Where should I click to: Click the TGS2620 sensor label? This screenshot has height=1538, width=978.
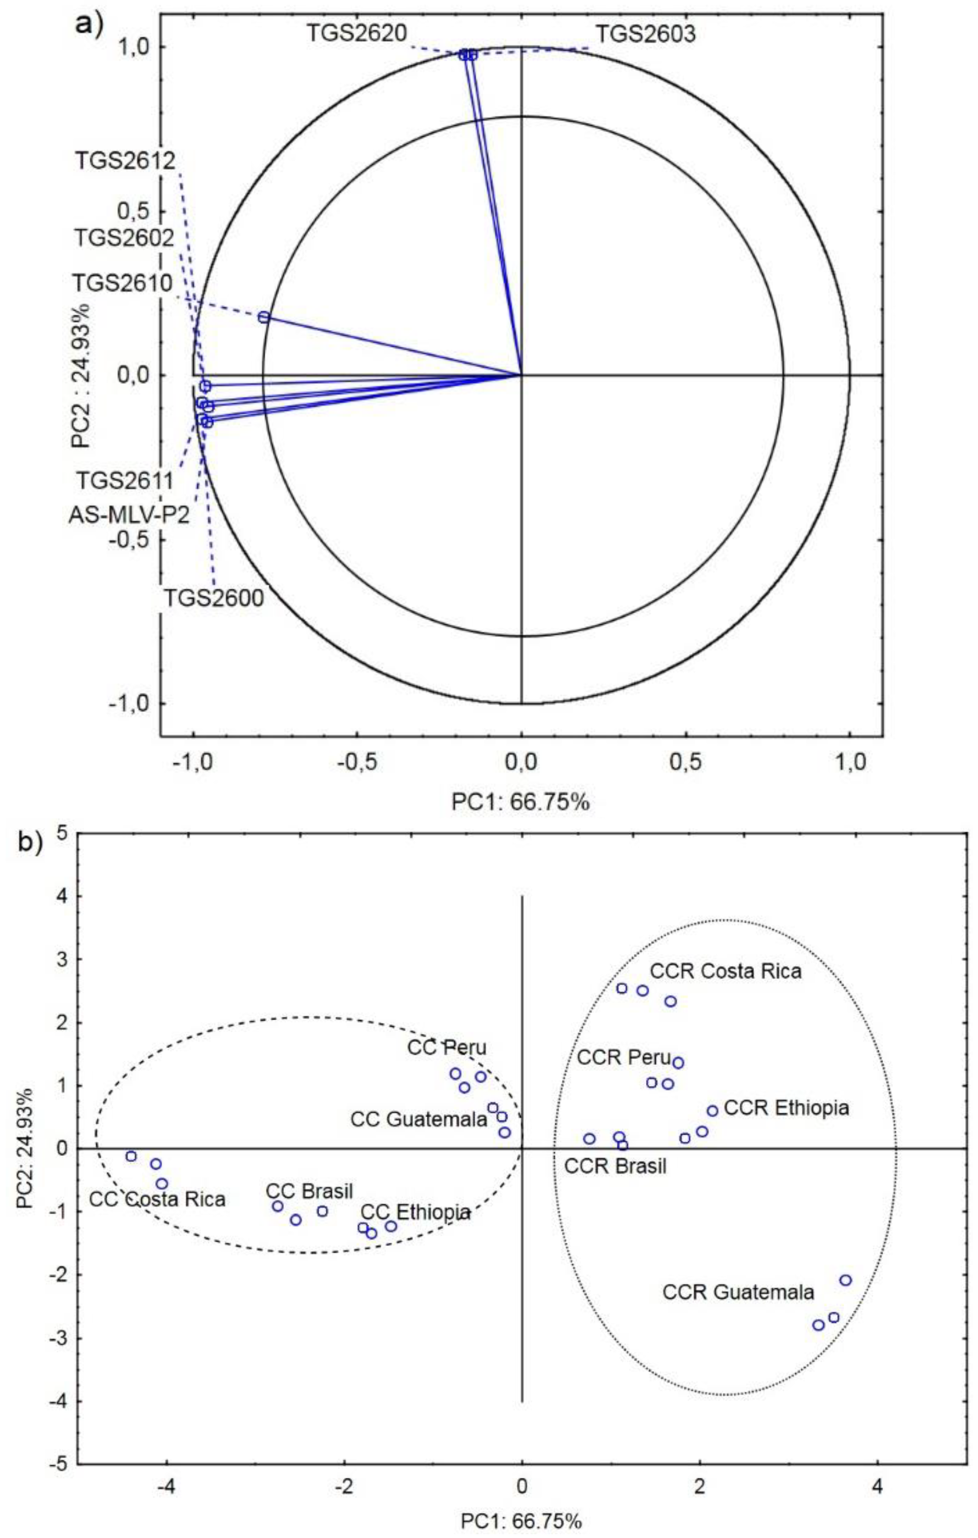coord(356,33)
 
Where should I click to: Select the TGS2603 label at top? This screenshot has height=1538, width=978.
coord(645,33)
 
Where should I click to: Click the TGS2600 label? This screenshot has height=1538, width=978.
coord(214,598)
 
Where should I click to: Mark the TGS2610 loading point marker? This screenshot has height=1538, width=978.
coord(264,317)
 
